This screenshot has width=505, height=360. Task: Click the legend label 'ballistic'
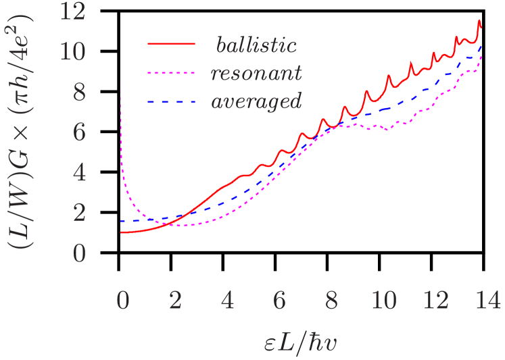(256, 45)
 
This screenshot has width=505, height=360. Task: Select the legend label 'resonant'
(256, 73)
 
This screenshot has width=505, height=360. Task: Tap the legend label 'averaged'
(256, 102)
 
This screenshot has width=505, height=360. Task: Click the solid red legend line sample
(172, 44)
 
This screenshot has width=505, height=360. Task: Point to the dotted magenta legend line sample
(172, 72)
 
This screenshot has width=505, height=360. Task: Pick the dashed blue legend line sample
(172, 101)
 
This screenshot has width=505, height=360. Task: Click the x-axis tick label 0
(122, 301)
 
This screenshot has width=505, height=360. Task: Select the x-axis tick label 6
(279, 301)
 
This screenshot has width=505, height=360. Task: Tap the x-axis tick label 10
(384, 301)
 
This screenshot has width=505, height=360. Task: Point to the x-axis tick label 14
(489, 301)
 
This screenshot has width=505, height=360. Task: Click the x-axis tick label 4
(227, 301)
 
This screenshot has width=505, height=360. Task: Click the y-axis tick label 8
(79, 93)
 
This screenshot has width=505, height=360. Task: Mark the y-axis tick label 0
(79, 255)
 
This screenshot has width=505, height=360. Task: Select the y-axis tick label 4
(79, 174)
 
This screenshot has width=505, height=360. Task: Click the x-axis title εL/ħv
(302, 342)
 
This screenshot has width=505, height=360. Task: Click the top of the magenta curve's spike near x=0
(120, 84)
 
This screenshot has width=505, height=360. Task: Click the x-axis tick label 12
(436, 301)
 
